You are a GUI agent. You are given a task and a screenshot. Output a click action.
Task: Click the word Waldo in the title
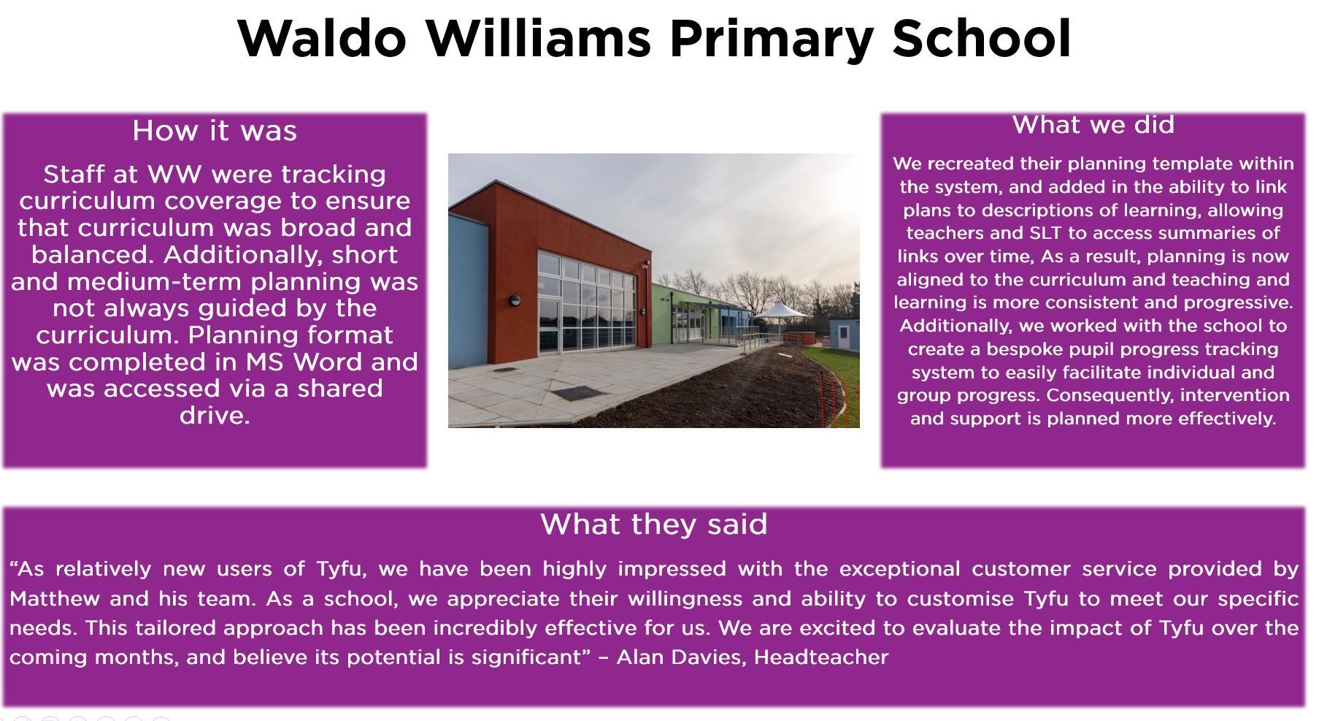tap(322, 39)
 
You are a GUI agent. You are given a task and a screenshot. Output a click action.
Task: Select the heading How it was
tap(215, 131)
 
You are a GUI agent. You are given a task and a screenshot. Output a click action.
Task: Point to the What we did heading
tap(1093, 125)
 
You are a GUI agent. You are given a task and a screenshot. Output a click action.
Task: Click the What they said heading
tap(654, 524)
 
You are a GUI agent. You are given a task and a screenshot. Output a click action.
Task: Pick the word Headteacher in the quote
tap(821, 657)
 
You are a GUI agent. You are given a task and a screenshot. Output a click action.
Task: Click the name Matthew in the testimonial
tap(55, 599)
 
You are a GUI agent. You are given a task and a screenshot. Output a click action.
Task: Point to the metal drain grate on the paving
tap(577, 394)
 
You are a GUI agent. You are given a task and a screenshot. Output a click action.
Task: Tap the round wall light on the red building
tap(515, 300)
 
